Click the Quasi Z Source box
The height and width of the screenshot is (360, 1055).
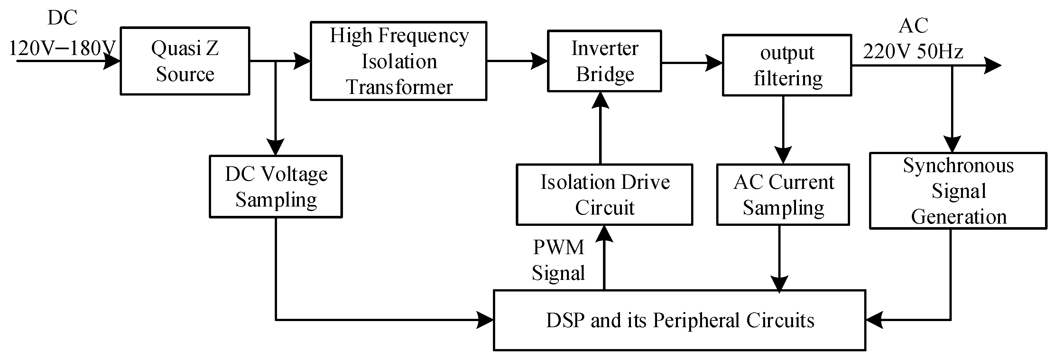click(185, 61)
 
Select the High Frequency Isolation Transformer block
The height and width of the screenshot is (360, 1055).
click(399, 61)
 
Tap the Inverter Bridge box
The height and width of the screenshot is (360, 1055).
click(604, 61)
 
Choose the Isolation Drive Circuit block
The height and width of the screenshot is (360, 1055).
click(604, 195)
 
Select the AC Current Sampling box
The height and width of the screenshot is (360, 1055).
click(783, 195)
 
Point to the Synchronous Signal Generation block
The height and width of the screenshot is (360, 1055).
click(958, 191)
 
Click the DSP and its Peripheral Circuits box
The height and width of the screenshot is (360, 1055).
click(680, 321)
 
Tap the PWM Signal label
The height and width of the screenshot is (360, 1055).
click(558, 260)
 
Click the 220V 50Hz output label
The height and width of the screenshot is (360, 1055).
click(913, 51)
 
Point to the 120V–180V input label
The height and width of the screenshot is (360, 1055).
click(62, 48)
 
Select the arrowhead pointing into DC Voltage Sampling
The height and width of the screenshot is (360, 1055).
click(276, 147)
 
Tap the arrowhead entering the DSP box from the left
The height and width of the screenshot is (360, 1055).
click(485, 319)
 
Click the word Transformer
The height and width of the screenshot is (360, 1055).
click(399, 87)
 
